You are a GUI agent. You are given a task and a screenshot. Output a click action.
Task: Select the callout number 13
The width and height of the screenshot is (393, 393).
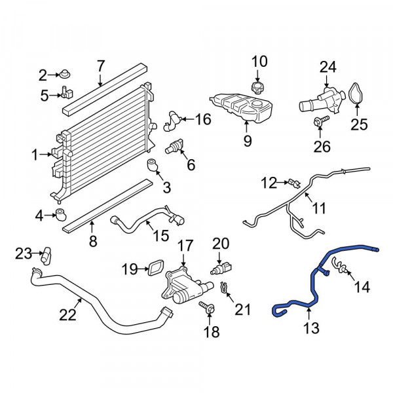tap(311, 328)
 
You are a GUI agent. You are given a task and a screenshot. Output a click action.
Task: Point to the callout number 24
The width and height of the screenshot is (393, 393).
tap(328, 67)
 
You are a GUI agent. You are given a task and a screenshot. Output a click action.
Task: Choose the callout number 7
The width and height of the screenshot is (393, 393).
tap(100, 66)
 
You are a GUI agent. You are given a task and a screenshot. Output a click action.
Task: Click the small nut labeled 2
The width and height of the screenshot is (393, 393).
tap(65, 74)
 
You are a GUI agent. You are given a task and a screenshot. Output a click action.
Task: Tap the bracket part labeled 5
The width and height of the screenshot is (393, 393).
tap(66, 93)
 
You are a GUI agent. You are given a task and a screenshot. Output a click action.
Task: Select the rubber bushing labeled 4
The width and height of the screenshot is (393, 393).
tap(61, 215)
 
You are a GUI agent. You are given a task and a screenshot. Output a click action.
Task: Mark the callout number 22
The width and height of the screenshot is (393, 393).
tap(67, 315)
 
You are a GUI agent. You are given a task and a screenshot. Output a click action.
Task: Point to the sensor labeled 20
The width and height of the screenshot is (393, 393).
tap(221, 268)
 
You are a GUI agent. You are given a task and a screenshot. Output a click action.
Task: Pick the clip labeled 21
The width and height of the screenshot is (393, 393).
tap(224, 288)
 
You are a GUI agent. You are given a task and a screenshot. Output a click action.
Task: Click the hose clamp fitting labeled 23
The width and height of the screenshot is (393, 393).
tap(46, 255)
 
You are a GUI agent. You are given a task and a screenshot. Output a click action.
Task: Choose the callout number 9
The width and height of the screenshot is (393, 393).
tap(248, 141)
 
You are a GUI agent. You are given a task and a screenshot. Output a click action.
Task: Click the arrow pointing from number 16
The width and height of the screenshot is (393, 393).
tap(188, 119)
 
